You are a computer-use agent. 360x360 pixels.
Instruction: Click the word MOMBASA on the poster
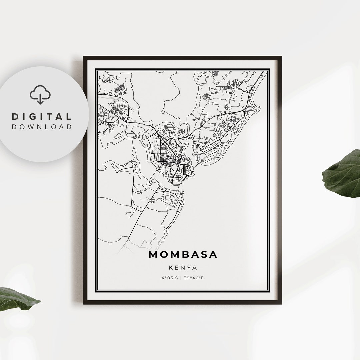click(183, 255)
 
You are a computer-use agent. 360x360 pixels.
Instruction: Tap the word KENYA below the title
click(183, 268)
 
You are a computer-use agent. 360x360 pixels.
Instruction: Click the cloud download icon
click(40, 94)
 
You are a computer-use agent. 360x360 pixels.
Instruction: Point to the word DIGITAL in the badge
click(42, 117)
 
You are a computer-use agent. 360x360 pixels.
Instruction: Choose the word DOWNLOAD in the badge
click(42, 127)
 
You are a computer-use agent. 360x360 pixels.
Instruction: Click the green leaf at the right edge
click(343, 173)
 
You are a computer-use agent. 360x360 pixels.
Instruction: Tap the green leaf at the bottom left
click(17, 298)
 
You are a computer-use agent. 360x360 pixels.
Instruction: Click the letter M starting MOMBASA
click(153, 255)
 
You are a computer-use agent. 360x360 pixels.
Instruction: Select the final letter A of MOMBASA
click(213, 255)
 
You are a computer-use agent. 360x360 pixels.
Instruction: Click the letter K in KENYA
click(170, 268)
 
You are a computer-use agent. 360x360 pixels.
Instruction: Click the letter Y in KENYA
click(189, 268)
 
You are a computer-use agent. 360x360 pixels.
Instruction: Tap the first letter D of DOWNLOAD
click(14, 127)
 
